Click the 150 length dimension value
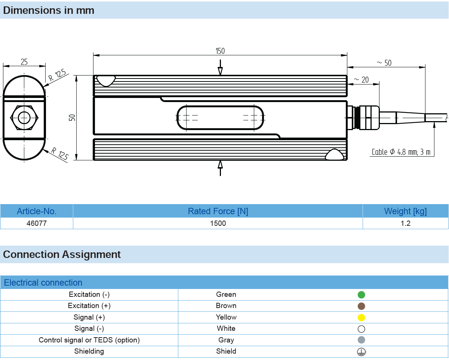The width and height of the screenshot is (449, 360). pyautogui.click(x=220, y=51)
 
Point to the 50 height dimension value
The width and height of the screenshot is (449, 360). pyautogui.click(x=72, y=117)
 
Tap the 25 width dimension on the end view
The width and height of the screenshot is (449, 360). pyautogui.click(x=24, y=62)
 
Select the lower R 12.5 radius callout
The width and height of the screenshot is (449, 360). pyautogui.click(x=60, y=154)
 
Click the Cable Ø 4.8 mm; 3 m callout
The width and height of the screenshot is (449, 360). pyautogui.click(x=401, y=152)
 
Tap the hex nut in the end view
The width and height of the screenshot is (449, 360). pyautogui.click(x=24, y=118)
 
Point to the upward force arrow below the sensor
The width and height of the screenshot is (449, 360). pyautogui.click(x=220, y=167)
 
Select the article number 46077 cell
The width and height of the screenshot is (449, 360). pyautogui.click(x=37, y=224)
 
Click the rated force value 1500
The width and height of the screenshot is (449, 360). pyautogui.click(x=218, y=224)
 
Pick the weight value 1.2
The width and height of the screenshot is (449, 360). pyautogui.click(x=405, y=224)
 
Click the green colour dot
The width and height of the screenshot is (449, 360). pyautogui.click(x=361, y=295)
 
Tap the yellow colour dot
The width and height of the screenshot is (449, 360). pyautogui.click(x=361, y=318)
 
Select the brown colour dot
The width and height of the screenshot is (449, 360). pyautogui.click(x=361, y=306)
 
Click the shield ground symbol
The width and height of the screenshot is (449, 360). pyautogui.click(x=361, y=352)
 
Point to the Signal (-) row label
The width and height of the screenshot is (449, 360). pyautogui.click(x=89, y=329)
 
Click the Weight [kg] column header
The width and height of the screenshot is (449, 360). pyautogui.click(x=405, y=211)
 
